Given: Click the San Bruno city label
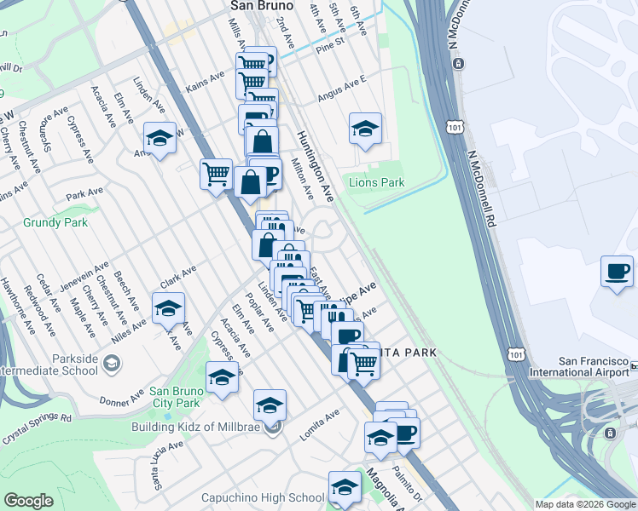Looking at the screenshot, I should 262,6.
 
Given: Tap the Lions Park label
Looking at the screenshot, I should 376,182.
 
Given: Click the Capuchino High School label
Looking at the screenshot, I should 263,497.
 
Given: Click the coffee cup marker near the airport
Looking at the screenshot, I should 617,272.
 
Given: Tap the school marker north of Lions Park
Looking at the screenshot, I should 365,129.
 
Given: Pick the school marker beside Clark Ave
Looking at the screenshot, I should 169,308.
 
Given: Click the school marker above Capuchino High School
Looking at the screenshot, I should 345,487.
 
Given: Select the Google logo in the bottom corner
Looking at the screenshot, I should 28,501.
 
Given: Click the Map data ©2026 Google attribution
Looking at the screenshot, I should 584,504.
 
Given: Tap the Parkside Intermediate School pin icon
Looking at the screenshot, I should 112,365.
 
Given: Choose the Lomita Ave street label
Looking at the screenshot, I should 320,424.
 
